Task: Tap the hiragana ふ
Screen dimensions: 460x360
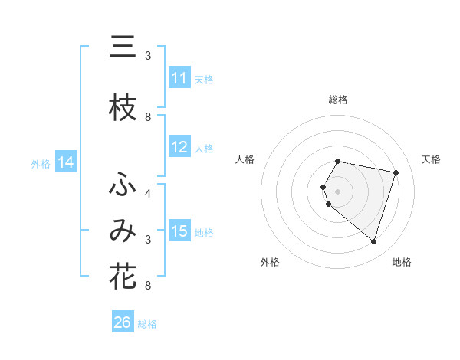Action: tap(123, 185)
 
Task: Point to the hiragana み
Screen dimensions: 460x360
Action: tap(123, 231)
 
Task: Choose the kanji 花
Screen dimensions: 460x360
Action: tap(123, 277)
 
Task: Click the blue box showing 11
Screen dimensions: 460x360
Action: tap(179, 78)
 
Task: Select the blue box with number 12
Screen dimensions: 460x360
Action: tap(179, 147)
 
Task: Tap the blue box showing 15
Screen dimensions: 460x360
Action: tap(179, 231)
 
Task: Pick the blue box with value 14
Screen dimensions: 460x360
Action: tap(65, 162)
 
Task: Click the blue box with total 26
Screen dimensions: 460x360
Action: tap(123, 322)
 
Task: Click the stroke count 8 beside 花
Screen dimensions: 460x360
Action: tap(148, 286)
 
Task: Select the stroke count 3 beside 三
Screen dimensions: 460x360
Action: tap(148, 56)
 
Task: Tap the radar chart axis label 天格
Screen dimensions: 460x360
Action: tap(431, 159)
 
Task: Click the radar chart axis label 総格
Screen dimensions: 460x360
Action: tap(338, 100)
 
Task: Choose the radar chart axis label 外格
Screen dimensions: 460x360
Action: tap(270, 262)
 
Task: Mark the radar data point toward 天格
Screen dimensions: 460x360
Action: tap(396, 173)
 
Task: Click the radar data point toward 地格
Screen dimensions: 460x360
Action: tap(373, 242)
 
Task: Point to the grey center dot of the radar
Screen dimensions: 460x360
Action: tap(338, 191)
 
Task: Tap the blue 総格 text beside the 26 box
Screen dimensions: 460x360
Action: tap(147, 324)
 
